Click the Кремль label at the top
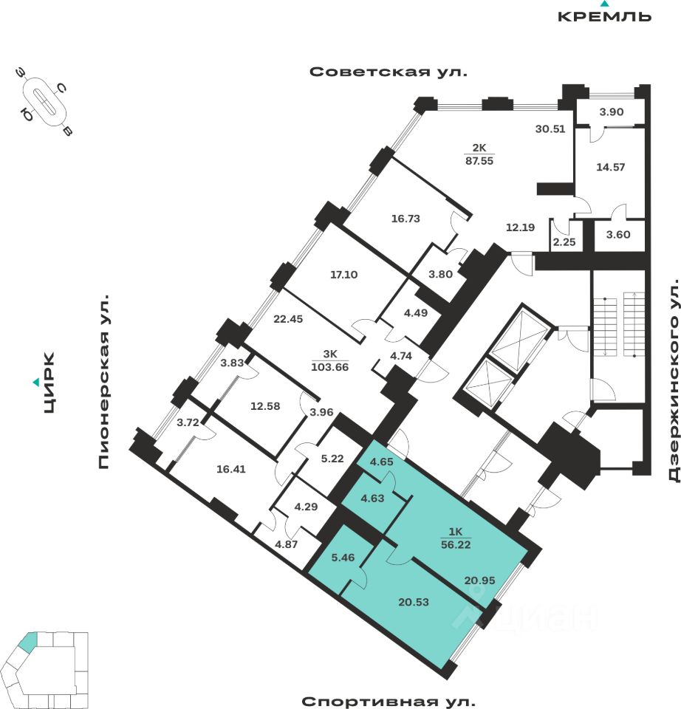click(x=604, y=16)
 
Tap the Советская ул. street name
click(x=389, y=72)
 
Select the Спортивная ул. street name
click(x=389, y=701)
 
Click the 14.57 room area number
click(x=611, y=167)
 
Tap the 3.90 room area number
click(x=612, y=112)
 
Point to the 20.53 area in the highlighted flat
click(x=413, y=602)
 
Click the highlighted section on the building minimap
click(x=27, y=642)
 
